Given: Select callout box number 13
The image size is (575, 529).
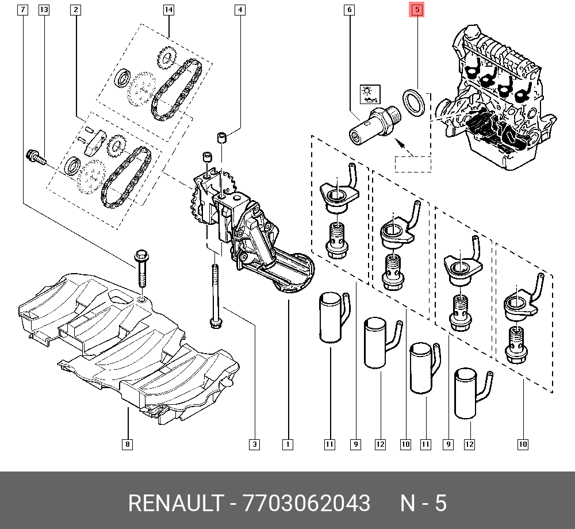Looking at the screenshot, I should click(x=44, y=10).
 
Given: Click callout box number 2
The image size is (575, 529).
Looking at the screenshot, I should click(x=76, y=10).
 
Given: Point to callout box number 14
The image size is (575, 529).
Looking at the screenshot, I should click(x=168, y=10).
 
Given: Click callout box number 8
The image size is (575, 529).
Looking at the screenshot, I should click(x=127, y=444).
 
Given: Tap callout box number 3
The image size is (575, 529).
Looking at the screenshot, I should click(x=254, y=444).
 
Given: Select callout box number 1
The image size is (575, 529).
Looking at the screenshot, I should click(x=287, y=444).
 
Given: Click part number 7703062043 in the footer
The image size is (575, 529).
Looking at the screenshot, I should click(x=307, y=503).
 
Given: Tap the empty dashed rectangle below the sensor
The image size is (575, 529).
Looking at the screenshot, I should click(x=412, y=164).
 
